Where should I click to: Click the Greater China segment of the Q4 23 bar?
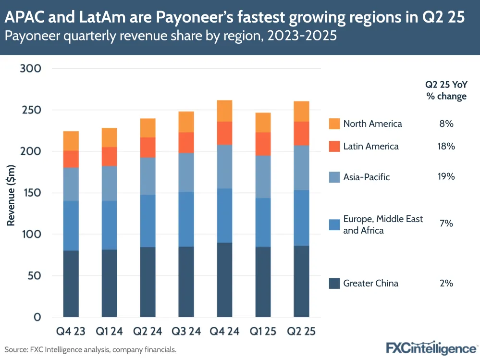[x=71, y=284]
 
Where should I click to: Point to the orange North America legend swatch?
[x=335, y=124]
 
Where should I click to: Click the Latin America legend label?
[x=370, y=146]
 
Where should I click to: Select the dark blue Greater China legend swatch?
[x=335, y=283]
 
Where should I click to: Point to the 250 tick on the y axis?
[x=31, y=110]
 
